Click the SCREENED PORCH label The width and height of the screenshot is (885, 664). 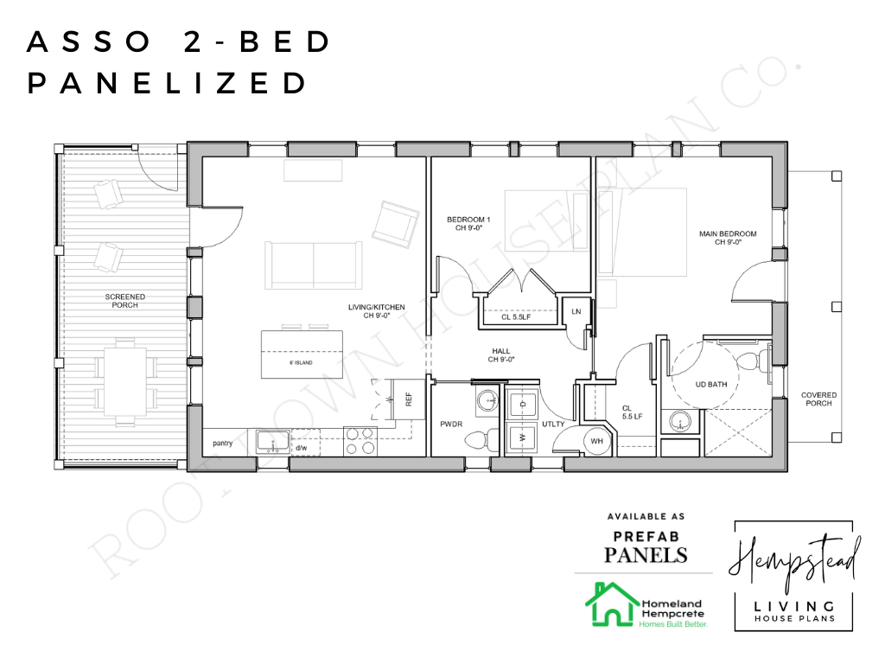125,301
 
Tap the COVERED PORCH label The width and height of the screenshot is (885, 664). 818,400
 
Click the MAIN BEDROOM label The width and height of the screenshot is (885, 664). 728,238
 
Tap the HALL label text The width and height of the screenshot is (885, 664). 500,354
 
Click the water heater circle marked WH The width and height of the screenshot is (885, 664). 595,441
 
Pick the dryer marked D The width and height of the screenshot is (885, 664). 522,404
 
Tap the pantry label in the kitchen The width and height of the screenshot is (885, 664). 223,443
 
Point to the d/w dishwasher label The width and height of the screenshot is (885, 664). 302,448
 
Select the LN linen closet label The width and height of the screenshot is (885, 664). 576,311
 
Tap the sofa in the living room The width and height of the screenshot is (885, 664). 313,265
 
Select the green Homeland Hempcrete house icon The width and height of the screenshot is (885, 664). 611,605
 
